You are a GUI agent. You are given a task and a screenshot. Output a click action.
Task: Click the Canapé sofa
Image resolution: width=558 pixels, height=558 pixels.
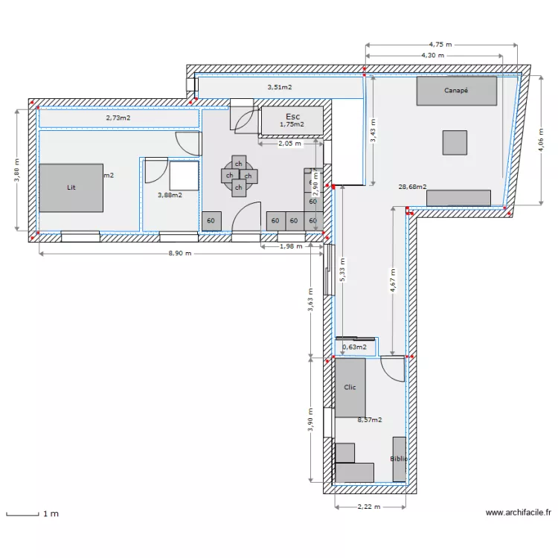click(456, 91)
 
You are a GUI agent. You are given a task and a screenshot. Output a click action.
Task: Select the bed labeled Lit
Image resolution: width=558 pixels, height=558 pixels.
click(71, 187)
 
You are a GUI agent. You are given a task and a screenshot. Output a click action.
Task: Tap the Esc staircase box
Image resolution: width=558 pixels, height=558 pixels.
click(292, 120)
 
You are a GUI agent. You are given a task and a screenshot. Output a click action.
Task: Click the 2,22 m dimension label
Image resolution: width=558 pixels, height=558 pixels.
click(369, 507)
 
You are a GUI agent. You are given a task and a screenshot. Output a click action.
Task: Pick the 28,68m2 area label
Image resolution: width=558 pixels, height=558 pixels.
click(412, 187)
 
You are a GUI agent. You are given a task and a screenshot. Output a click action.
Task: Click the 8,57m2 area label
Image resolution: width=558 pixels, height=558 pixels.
click(370, 420)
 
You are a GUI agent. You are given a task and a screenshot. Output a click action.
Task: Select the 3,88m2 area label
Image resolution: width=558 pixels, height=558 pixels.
click(170, 195)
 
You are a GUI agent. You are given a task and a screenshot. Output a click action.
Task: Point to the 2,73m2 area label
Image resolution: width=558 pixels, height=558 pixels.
click(118, 118)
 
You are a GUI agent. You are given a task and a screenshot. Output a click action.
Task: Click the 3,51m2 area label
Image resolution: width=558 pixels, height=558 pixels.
click(280, 87)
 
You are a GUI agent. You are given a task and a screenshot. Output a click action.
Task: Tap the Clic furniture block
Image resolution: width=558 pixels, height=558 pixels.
click(350, 387)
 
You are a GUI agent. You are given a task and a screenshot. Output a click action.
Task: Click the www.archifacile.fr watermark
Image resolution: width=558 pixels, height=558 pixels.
click(519, 513)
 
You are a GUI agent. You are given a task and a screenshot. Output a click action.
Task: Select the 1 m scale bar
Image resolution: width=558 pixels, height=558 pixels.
click(22, 513)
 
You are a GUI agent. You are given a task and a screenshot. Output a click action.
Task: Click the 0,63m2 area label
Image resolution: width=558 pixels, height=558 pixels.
click(354, 346)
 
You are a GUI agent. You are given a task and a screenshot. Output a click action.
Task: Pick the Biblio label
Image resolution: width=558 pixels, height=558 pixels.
click(399, 459)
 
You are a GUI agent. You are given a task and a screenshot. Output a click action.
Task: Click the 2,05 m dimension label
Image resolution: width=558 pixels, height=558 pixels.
click(289, 144)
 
